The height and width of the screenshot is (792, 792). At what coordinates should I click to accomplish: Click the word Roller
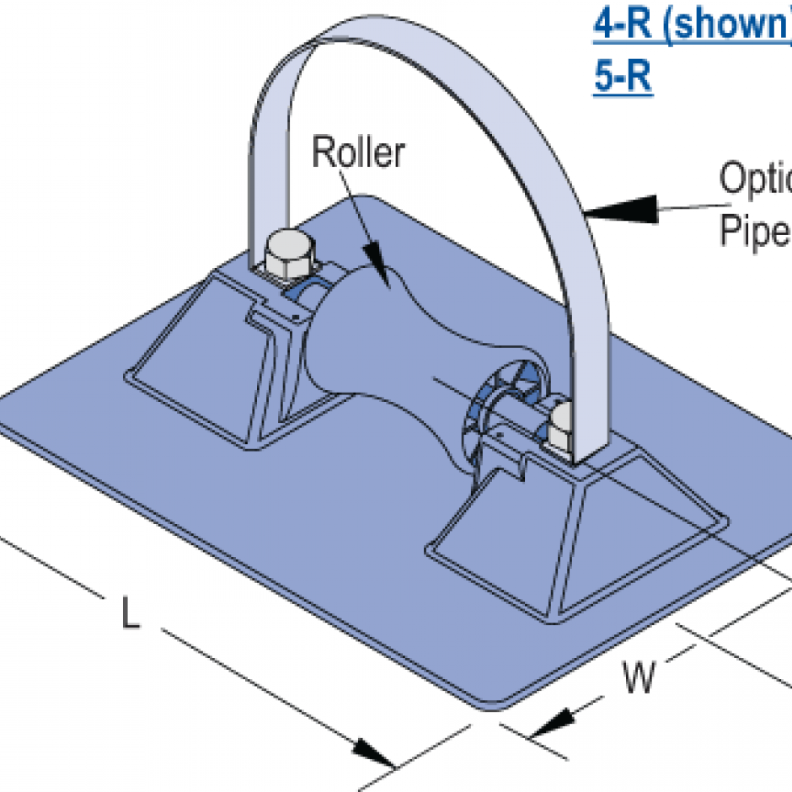point(358,153)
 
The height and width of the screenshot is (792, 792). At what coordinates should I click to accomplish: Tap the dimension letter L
point(129,613)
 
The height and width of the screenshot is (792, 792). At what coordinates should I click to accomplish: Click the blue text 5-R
point(622,78)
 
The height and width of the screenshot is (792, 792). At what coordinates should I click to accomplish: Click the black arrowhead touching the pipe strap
point(623,207)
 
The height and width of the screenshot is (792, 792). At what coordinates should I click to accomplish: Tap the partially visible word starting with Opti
point(754,179)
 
